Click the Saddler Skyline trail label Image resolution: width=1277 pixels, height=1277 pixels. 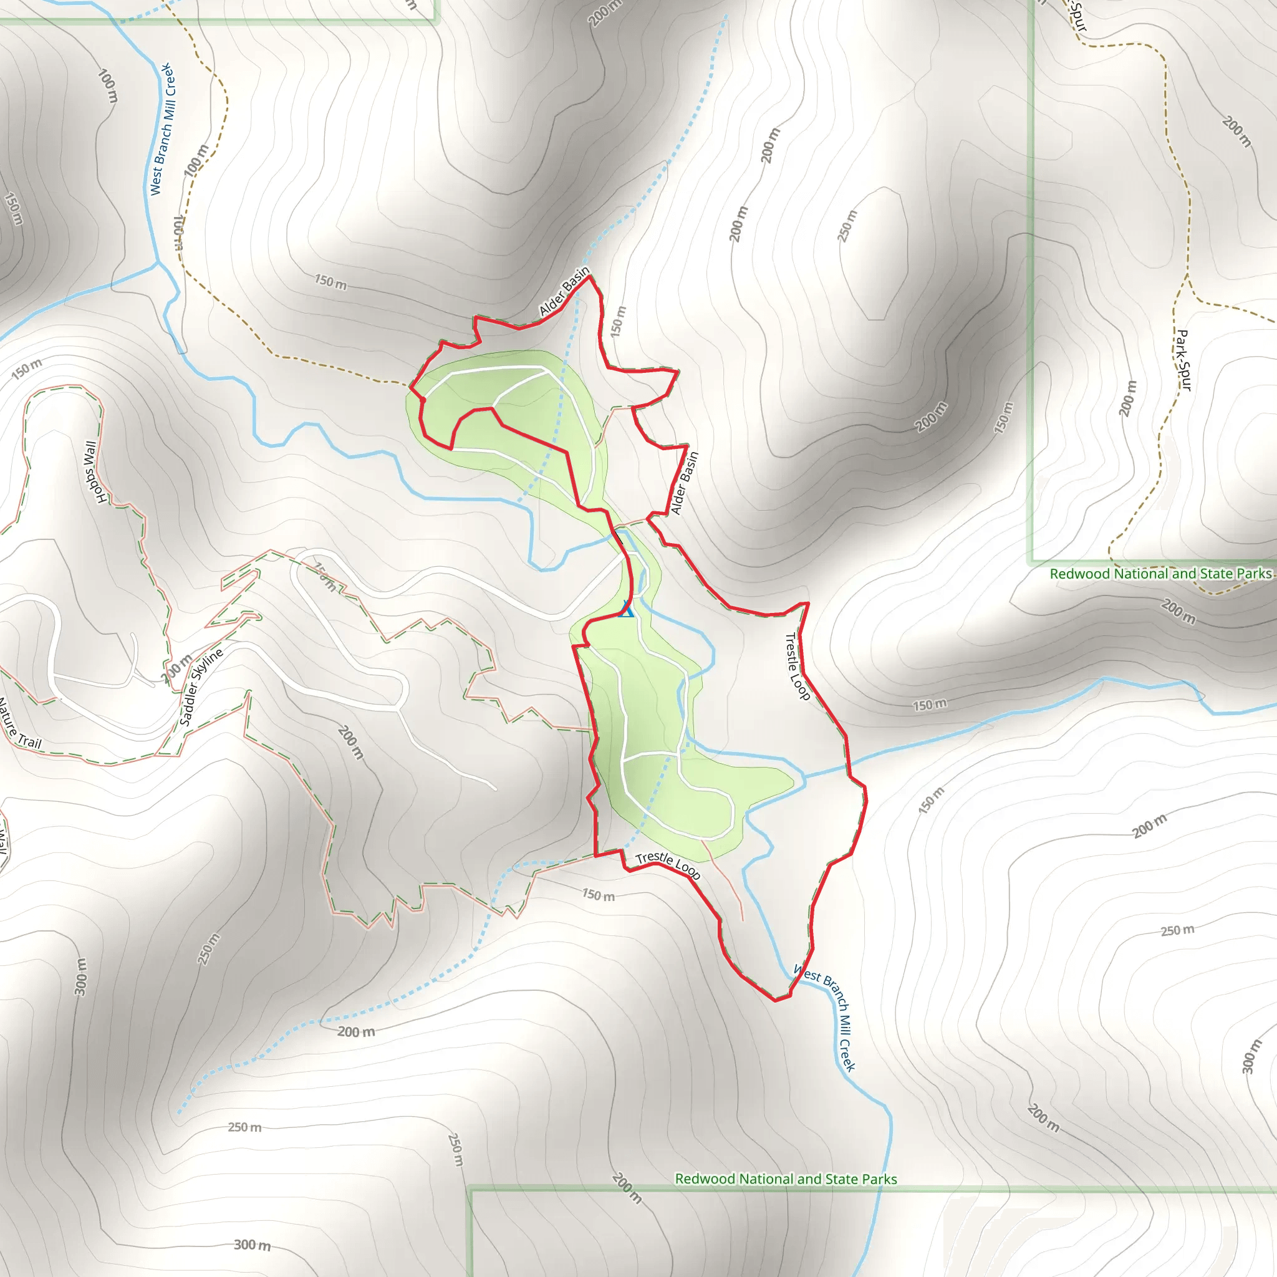(x=201, y=687)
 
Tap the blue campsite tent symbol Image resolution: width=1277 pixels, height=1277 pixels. (x=626, y=609)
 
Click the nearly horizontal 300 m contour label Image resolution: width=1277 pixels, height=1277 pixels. (x=253, y=1245)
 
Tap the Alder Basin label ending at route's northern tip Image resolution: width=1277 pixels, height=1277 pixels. (x=564, y=291)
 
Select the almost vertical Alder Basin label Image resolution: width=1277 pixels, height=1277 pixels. (x=684, y=483)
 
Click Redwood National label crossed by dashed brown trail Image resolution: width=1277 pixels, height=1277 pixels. (x=1160, y=574)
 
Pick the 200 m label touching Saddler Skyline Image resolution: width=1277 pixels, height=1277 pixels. (x=176, y=668)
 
